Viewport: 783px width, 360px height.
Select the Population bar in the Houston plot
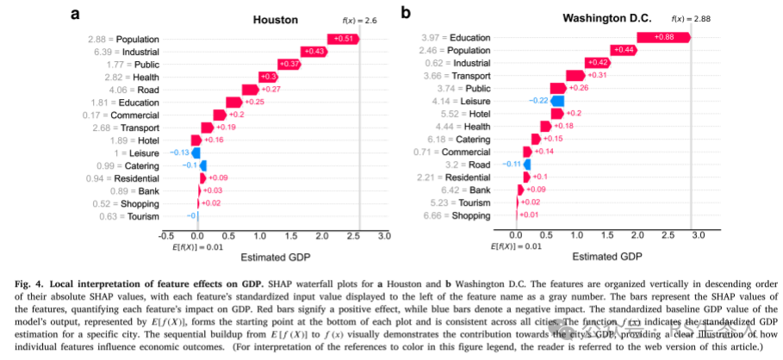[342, 39]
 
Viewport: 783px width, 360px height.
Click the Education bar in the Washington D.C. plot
[662, 38]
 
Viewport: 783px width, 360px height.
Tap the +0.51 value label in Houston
[344, 39]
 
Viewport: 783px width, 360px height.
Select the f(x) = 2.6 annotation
[354, 18]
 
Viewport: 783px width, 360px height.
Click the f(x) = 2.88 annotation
[688, 17]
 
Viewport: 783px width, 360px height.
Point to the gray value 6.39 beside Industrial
[97, 52]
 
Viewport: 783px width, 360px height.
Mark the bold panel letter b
[406, 13]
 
